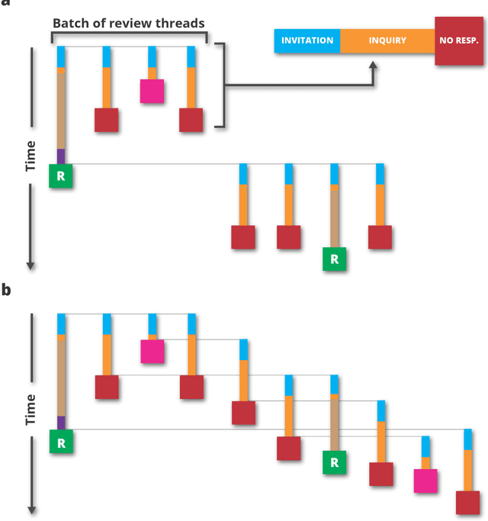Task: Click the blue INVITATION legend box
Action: (307, 40)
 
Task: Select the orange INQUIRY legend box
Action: (387, 40)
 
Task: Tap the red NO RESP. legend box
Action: (458, 40)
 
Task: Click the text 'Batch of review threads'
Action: (128, 23)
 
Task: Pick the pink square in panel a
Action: (152, 91)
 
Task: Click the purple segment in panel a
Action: (61, 156)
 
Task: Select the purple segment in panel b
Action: (61, 423)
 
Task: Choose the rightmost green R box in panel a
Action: (334, 259)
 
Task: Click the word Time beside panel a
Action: (30, 156)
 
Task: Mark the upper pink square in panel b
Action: (152, 351)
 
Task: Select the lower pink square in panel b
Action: (425, 481)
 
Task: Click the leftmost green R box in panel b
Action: (61, 442)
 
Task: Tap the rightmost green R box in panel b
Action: (334, 462)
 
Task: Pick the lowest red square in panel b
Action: (467, 503)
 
